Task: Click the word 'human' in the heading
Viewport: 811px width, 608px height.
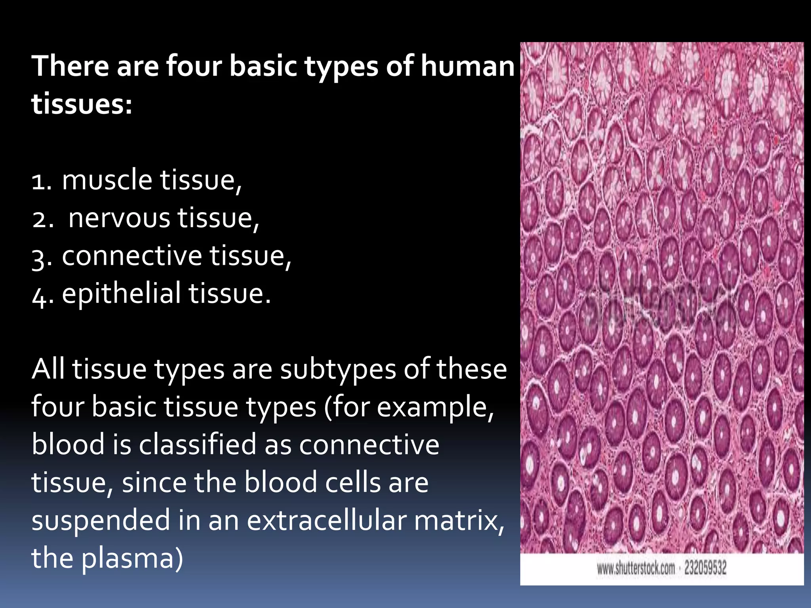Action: coord(467,66)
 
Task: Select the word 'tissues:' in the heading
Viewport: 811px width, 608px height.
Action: coord(82,104)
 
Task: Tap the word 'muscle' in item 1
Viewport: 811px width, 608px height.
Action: coord(107,180)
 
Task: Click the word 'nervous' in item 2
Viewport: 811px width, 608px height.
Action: coord(119,218)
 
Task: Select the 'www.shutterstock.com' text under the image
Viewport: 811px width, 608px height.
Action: coord(636,568)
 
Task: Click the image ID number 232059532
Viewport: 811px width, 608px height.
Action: coord(705,568)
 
